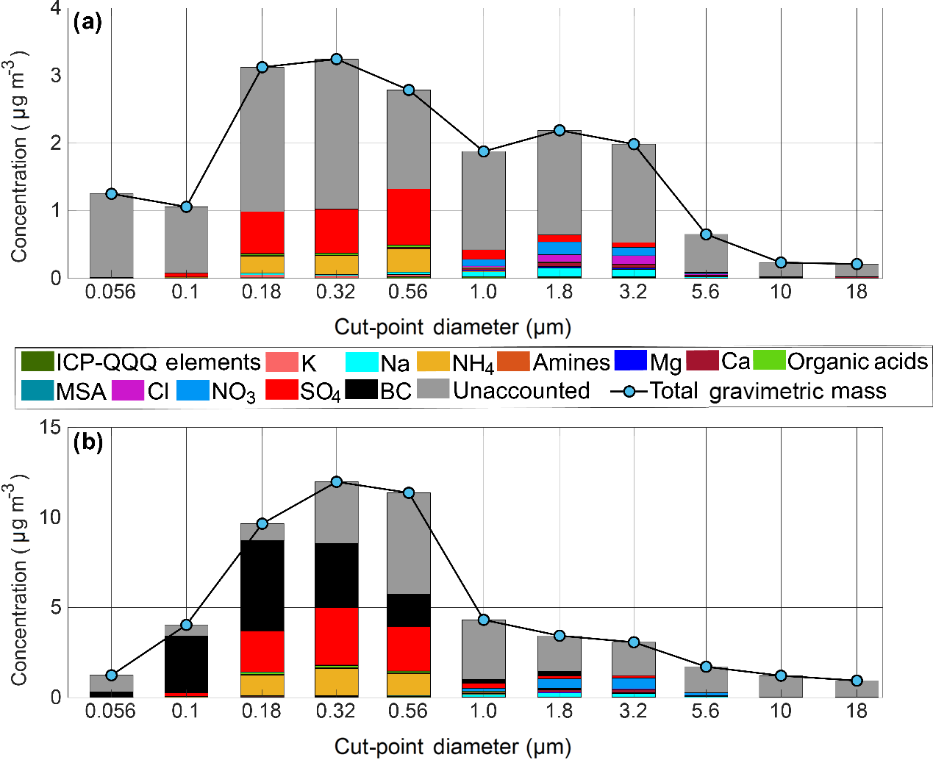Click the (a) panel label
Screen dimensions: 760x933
(87, 22)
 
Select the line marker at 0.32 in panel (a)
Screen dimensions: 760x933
(336, 59)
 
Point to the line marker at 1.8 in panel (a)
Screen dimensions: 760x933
(560, 130)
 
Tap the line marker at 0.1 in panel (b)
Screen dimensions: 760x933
(186, 625)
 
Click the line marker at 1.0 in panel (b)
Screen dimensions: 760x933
(483, 620)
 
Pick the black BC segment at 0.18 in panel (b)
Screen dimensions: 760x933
(262, 585)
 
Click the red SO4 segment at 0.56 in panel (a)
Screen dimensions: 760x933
(409, 217)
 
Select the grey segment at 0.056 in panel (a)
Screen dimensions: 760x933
(111, 235)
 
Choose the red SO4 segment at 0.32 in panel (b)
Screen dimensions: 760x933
(336, 636)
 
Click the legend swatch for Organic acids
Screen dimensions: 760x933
(769, 361)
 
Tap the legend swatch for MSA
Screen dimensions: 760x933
(37, 390)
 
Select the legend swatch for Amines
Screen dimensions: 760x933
(513, 362)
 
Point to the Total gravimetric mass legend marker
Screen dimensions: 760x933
(629, 391)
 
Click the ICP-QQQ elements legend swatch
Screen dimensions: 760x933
(37, 362)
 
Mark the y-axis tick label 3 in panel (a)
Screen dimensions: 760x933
(56, 76)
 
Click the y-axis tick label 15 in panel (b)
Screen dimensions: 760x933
(50, 427)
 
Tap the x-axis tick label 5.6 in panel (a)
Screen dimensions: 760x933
(705, 292)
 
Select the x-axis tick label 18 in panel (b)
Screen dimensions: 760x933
(856, 711)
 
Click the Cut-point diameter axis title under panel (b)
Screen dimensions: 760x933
(452, 746)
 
